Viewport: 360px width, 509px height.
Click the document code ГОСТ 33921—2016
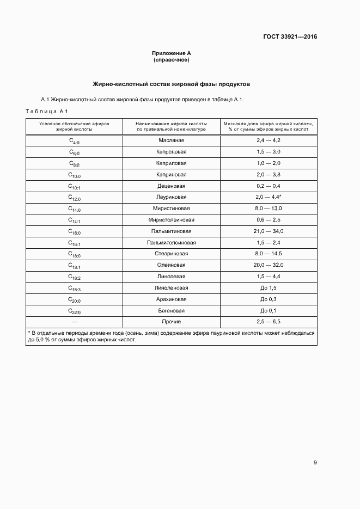290,37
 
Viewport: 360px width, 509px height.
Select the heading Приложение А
171,53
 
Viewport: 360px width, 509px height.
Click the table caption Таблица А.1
46,112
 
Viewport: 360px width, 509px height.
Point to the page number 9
315,463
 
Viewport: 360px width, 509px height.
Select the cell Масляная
171,140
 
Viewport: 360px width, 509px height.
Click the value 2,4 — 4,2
269,140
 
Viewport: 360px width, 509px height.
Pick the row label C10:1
74,186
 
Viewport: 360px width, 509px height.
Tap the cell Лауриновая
171,197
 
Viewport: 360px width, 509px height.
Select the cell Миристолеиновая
171,220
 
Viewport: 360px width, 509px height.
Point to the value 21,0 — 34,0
269,231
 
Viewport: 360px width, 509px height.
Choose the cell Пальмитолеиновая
171,243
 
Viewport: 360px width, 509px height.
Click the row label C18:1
74,266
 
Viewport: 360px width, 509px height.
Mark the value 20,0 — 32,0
269,265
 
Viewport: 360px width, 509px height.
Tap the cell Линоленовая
171,288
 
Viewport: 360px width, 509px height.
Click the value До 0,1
269,311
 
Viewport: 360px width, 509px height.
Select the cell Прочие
171,322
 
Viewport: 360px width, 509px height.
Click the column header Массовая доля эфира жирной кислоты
269,126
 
